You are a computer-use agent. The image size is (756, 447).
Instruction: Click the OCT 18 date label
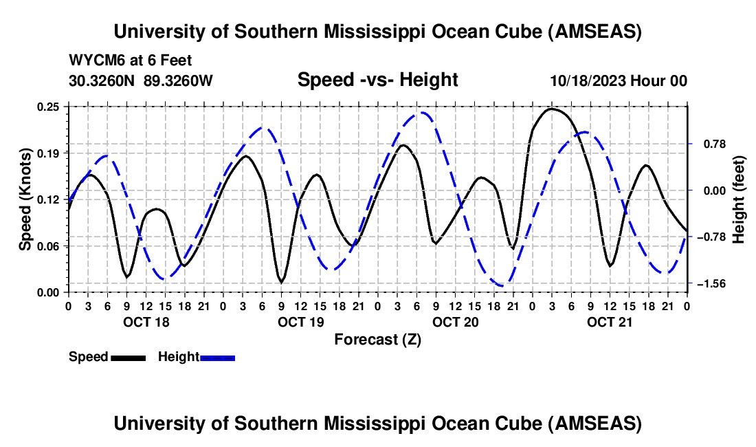pos(145,322)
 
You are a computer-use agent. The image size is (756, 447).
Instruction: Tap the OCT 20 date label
pos(455,322)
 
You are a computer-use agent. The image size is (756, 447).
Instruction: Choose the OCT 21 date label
pos(610,322)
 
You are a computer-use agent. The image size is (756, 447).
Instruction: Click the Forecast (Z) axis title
pos(377,339)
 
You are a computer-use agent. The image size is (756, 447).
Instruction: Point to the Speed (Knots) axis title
pos(25,199)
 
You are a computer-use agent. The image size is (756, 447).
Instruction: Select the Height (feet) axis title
pos(739,199)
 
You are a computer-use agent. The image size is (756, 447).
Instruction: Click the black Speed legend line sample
pos(128,357)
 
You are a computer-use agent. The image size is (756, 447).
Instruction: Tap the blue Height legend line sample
pos(217,357)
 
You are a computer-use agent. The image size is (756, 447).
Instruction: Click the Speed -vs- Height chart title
pos(377,80)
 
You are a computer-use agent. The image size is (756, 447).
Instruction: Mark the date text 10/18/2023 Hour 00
pos(619,80)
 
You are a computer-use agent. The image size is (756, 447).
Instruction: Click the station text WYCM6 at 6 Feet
pos(131,60)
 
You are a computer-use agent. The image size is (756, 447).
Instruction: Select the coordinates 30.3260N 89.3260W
pos(141,80)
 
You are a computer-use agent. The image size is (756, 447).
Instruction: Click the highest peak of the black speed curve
pos(552,109)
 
